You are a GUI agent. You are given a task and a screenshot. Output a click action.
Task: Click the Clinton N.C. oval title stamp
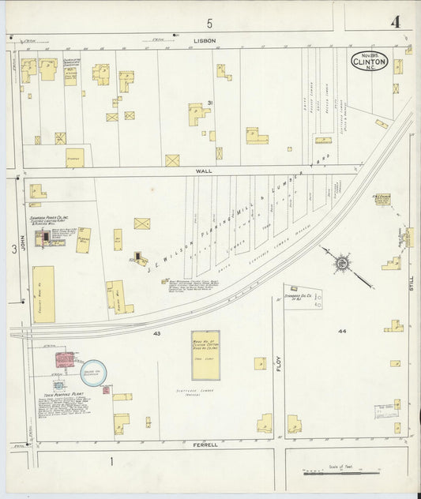370,60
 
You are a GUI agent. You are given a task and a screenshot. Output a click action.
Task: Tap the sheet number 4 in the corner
394,21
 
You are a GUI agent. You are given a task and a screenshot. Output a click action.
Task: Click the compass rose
342,262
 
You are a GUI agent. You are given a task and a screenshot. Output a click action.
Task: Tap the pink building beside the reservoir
65,360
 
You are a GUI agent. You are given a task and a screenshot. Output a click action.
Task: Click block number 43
157,334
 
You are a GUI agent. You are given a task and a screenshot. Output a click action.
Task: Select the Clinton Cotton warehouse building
205,355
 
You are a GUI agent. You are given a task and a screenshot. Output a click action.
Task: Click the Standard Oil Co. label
295,297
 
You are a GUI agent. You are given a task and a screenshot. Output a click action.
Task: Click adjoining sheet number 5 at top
210,24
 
